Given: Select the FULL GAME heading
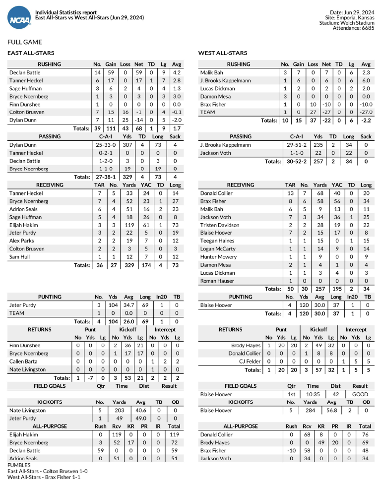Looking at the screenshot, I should click(x=25, y=42).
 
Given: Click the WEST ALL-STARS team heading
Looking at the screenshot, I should click(x=223, y=53).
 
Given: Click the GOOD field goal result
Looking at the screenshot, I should click(x=360, y=394).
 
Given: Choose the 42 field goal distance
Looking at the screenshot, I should click(x=335, y=394).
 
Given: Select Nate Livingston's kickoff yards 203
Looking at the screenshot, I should click(x=120, y=410).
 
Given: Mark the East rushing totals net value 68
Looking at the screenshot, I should click(x=139, y=128).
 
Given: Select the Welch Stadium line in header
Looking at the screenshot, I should click(x=347, y=22).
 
